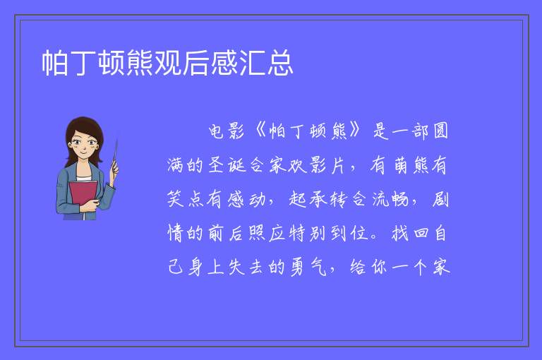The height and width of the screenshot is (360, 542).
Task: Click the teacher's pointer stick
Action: coord(115,155)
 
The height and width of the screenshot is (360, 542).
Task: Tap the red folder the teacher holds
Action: coord(83,195)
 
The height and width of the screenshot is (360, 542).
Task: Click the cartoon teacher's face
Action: coord(83,142)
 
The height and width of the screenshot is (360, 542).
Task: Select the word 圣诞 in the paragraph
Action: coord(227,164)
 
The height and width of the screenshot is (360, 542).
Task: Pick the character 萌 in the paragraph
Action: coord(401,164)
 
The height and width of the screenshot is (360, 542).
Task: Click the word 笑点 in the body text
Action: coord(186,199)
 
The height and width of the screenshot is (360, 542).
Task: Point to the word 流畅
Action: coord(390,199)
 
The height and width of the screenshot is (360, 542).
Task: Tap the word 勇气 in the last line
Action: coord(308,267)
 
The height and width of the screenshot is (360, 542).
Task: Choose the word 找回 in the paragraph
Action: coord(410,233)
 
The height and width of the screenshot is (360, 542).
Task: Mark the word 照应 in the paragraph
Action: coord(267,233)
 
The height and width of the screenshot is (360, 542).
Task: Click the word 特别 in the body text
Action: coord(308,233)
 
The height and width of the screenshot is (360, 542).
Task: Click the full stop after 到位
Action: coord(373,237)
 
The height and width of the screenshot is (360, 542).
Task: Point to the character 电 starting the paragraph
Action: coord(216,131)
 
